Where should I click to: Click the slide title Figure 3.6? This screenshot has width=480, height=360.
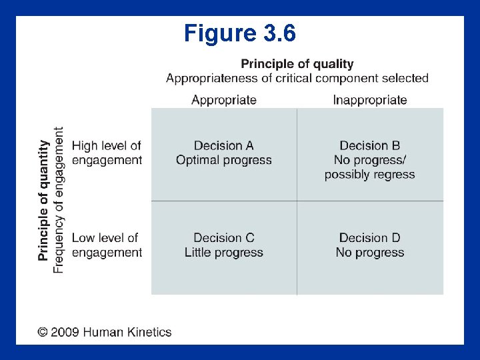pyautogui.click(x=239, y=33)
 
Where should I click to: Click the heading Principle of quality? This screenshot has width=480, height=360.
pyautogui.click(x=297, y=64)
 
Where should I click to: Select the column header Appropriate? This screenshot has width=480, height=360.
pyautogui.click(x=224, y=100)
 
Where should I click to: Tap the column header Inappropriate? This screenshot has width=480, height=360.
pyautogui.click(x=370, y=100)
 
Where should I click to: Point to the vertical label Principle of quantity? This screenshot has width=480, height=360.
pyautogui.click(x=44, y=199)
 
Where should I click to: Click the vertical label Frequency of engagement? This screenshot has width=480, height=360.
pyautogui.click(x=59, y=199)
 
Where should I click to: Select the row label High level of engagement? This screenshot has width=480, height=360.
pyautogui.click(x=107, y=153)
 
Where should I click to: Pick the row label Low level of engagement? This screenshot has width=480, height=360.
pyautogui.click(x=107, y=245)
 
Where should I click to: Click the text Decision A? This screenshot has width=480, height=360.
pyautogui.click(x=224, y=145)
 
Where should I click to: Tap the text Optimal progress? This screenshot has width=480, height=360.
pyautogui.click(x=224, y=160)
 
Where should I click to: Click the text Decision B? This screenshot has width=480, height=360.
pyautogui.click(x=370, y=145)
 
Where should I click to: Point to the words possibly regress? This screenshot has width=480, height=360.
pyautogui.click(x=370, y=175)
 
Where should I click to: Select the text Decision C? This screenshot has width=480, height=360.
pyautogui.click(x=224, y=237)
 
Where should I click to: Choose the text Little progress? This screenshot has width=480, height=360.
pyautogui.click(x=224, y=253)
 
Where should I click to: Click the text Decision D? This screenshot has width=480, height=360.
pyautogui.click(x=370, y=237)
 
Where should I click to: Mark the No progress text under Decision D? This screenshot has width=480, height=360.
pyautogui.click(x=370, y=253)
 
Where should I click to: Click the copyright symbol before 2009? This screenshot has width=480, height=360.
pyautogui.click(x=43, y=332)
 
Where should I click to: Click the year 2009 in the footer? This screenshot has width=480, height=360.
pyautogui.click(x=67, y=332)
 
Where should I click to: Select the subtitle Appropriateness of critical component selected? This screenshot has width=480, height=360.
pyautogui.click(x=297, y=78)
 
